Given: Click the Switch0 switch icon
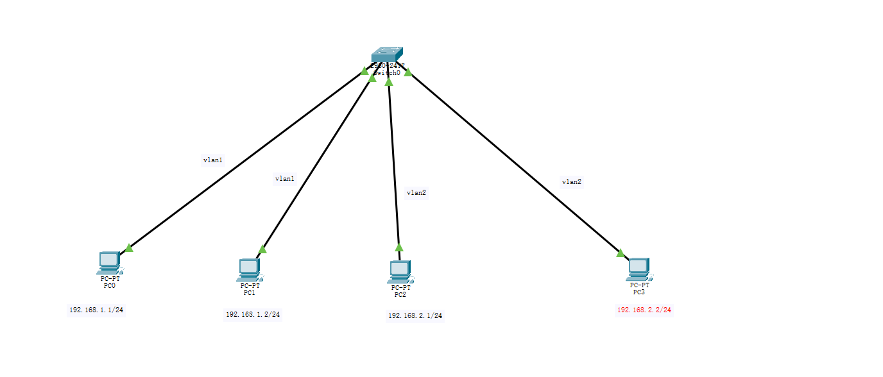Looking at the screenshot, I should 386,54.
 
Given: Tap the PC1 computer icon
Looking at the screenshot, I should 248,269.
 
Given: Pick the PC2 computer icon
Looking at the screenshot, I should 399,271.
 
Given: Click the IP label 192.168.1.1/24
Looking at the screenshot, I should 96,310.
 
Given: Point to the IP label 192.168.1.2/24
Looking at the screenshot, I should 253,314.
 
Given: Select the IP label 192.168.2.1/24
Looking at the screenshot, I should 415,315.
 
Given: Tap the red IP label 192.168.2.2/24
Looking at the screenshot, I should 644,310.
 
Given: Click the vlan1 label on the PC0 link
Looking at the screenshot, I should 213,160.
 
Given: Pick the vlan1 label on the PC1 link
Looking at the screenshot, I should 284,179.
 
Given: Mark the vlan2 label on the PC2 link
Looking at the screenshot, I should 416,192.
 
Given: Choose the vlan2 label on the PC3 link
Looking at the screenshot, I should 571,182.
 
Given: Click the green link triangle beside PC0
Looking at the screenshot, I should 128,247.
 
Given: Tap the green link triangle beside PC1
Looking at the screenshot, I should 262,249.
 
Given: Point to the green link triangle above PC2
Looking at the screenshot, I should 399,247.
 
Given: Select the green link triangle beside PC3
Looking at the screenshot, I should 620,253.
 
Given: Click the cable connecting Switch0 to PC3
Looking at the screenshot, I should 513,160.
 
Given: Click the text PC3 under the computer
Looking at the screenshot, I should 639,292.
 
